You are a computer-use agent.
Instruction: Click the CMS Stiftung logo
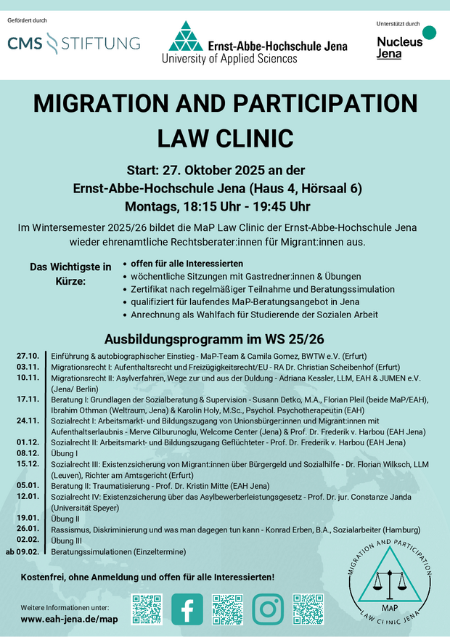coord(73,44)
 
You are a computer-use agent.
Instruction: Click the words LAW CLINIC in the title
coord(225,137)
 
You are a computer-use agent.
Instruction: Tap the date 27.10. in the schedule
coord(27,356)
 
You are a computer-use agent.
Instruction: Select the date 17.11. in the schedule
coord(27,399)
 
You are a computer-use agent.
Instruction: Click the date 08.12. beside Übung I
coord(27,453)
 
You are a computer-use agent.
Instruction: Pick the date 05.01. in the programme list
coord(27,485)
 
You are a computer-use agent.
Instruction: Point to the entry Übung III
coord(67,540)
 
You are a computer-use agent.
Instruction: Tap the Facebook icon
coord(187,608)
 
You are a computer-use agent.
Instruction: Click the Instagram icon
coord(267,608)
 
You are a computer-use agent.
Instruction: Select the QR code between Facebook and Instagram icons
coord(226,609)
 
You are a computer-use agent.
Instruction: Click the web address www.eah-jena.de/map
coord(69,620)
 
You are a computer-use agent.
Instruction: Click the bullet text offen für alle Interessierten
coord(187,263)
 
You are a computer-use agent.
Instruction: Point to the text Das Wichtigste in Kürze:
coord(70,273)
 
